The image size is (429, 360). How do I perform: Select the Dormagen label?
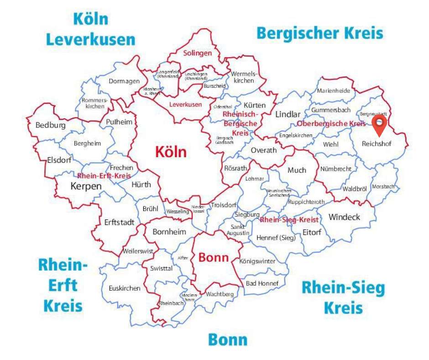(124, 81)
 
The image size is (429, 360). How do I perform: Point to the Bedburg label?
(51, 125)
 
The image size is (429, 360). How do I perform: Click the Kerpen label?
(86, 186)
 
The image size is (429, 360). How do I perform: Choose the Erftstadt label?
(120, 222)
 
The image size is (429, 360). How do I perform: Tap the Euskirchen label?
(125, 288)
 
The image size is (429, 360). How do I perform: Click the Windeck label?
(345, 217)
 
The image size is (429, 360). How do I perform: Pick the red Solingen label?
(198, 53)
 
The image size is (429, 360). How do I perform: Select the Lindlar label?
(288, 114)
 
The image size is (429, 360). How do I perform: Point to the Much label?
(297, 170)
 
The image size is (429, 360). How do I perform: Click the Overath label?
(264, 150)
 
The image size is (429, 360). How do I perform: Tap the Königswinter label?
(257, 261)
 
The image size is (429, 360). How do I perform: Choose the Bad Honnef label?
(262, 283)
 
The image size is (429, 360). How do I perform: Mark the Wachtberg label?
(220, 294)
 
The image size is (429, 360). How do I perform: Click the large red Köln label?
(171, 152)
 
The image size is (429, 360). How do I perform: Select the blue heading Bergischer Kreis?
(319, 33)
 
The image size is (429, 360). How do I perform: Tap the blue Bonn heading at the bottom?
(228, 340)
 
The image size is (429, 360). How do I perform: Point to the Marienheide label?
(334, 90)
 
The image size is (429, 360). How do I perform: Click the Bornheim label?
(169, 232)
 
